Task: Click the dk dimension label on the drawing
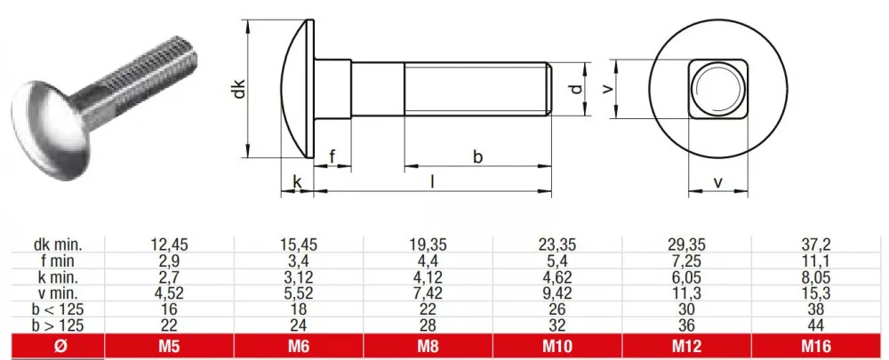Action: click(x=240, y=89)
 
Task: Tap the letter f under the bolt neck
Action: click(x=332, y=156)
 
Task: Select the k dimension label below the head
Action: click(x=297, y=181)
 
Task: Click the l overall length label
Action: click(x=433, y=181)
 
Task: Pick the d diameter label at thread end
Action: click(x=576, y=89)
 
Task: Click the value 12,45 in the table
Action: click(x=169, y=244)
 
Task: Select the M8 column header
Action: click(x=428, y=346)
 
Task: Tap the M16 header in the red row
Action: click(x=816, y=346)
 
